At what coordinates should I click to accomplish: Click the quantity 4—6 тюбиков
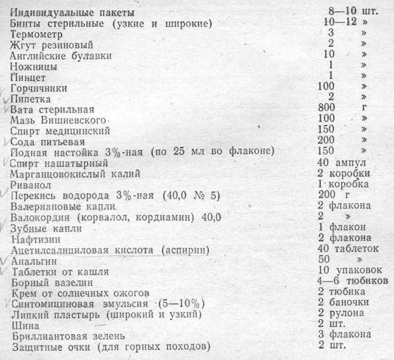point(351,281)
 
